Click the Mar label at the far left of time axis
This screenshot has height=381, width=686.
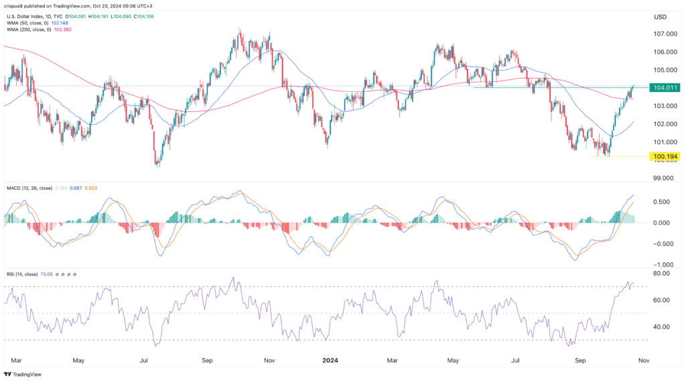[x=15, y=360]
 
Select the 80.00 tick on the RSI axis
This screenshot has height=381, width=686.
[x=663, y=274]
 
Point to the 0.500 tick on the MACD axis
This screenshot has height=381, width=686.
[x=662, y=202]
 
